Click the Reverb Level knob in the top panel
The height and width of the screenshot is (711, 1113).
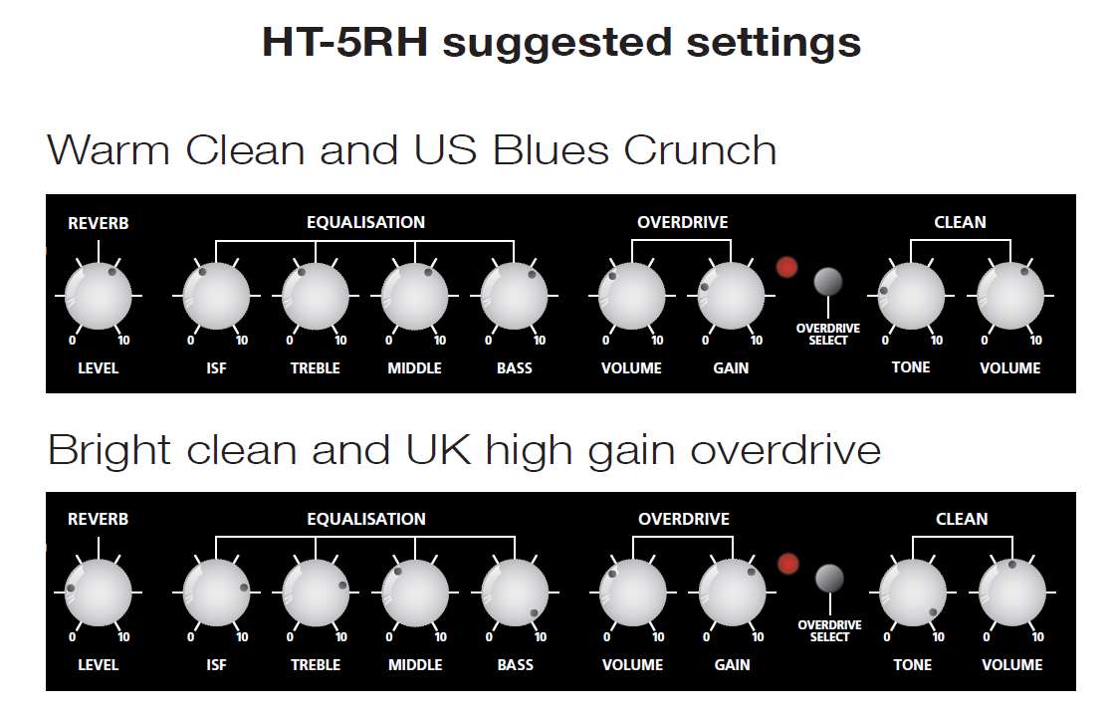tap(98, 296)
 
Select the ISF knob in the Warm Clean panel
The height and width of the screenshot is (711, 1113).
tap(216, 296)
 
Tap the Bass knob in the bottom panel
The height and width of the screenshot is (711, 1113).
tap(515, 592)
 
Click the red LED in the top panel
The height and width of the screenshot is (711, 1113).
tap(786, 267)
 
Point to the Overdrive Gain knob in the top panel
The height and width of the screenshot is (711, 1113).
tap(731, 296)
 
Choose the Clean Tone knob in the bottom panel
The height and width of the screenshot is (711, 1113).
tap(913, 592)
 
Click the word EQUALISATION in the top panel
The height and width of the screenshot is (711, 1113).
tap(365, 222)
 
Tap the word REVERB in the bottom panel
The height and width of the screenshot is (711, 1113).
tap(98, 519)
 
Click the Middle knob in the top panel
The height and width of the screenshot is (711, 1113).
tap(414, 296)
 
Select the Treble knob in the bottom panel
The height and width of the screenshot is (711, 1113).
tap(316, 592)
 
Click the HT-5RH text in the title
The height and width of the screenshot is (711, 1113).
tap(345, 41)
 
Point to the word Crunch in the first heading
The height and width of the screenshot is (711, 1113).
tap(700, 150)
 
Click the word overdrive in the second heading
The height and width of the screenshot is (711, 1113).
tap(785, 450)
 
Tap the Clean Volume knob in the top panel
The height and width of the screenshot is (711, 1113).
tap(1010, 296)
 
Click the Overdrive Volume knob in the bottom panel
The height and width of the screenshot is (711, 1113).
tap(632, 592)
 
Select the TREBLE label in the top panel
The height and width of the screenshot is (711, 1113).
tap(316, 367)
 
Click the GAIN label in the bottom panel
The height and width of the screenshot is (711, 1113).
tap(732, 665)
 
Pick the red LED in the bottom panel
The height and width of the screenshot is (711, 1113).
tap(787, 564)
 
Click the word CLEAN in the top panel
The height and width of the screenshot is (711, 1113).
tap(960, 222)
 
